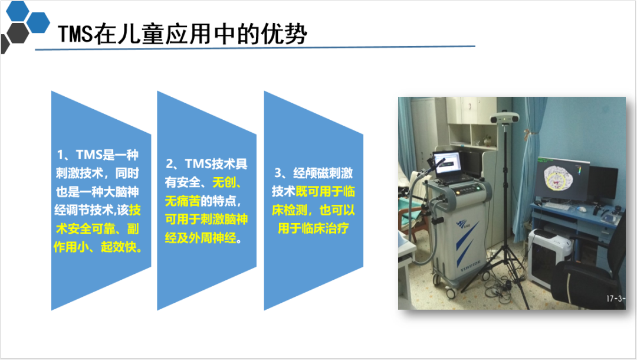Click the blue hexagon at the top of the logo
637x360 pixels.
pos(18,11)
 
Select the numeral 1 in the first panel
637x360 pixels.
pos(61,155)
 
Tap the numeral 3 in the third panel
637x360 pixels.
pos(278,173)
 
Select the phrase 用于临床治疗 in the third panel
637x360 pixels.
pos(313,228)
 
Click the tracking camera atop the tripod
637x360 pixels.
pos(504,118)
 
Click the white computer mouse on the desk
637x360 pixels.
pos(583,210)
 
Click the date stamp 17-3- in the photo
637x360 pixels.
pos(615,299)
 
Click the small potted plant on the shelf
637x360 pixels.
pos(487,140)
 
